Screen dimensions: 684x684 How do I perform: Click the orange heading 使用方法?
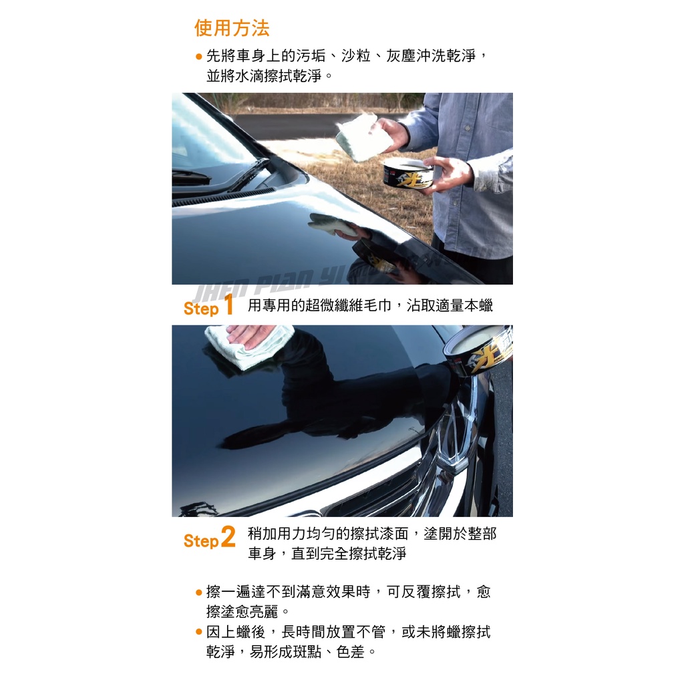(232, 28)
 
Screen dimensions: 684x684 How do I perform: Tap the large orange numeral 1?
(228, 304)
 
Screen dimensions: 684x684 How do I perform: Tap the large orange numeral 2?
(228, 536)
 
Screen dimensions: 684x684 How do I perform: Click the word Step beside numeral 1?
(201, 309)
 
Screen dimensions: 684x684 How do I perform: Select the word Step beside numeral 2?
(201, 541)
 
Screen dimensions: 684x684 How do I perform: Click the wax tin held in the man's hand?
(408, 174)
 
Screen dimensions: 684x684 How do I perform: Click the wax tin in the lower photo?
(478, 351)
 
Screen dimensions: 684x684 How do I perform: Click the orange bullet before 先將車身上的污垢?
(199, 56)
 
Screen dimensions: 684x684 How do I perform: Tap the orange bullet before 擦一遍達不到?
(199, 592)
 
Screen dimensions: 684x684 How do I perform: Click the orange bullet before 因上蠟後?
(199, 632)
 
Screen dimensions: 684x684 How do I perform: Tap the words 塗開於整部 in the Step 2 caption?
(460, 534)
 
